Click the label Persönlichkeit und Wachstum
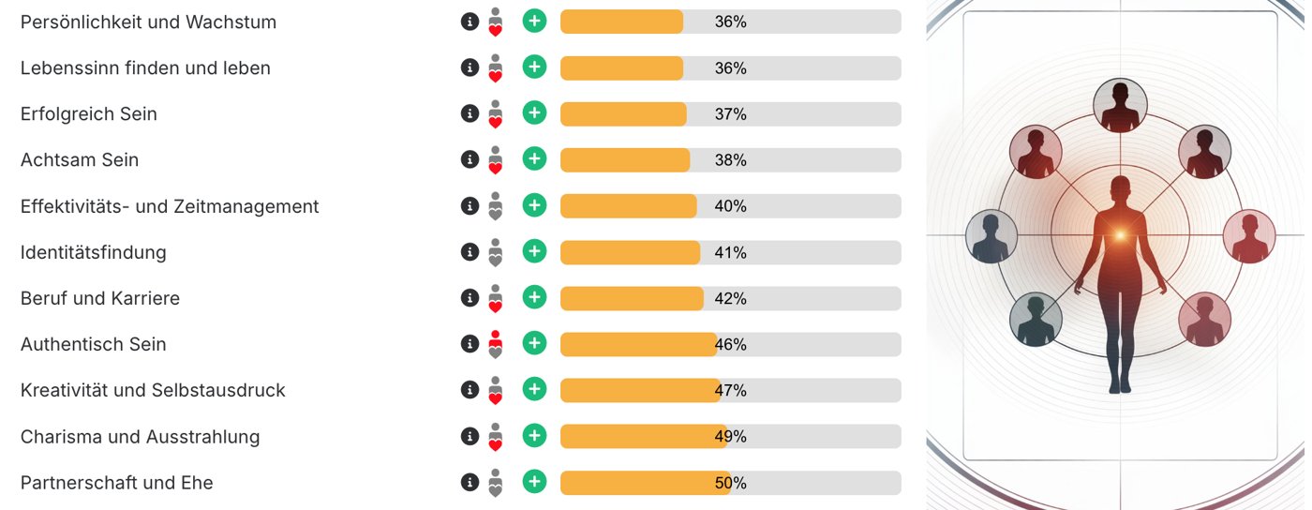click(148, 22)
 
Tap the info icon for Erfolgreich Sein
click(470, 113)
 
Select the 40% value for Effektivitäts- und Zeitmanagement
click(730, 206)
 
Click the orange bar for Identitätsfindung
click(630, 252)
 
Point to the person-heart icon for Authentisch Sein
click(496, 344)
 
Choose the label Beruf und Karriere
click(100, 298)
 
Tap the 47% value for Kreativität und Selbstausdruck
click(730, 390)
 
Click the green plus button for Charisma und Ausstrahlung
click(534, 436)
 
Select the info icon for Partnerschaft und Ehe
click(470, 482)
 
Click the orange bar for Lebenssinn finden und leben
click(621, 68)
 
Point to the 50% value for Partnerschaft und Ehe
click(730, 483)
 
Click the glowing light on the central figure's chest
click(1121, 234)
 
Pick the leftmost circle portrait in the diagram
click(991, 236)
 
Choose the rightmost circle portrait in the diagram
click(1249, 236)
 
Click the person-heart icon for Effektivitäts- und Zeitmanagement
click(496, 205)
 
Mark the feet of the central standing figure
click(1120, 387)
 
